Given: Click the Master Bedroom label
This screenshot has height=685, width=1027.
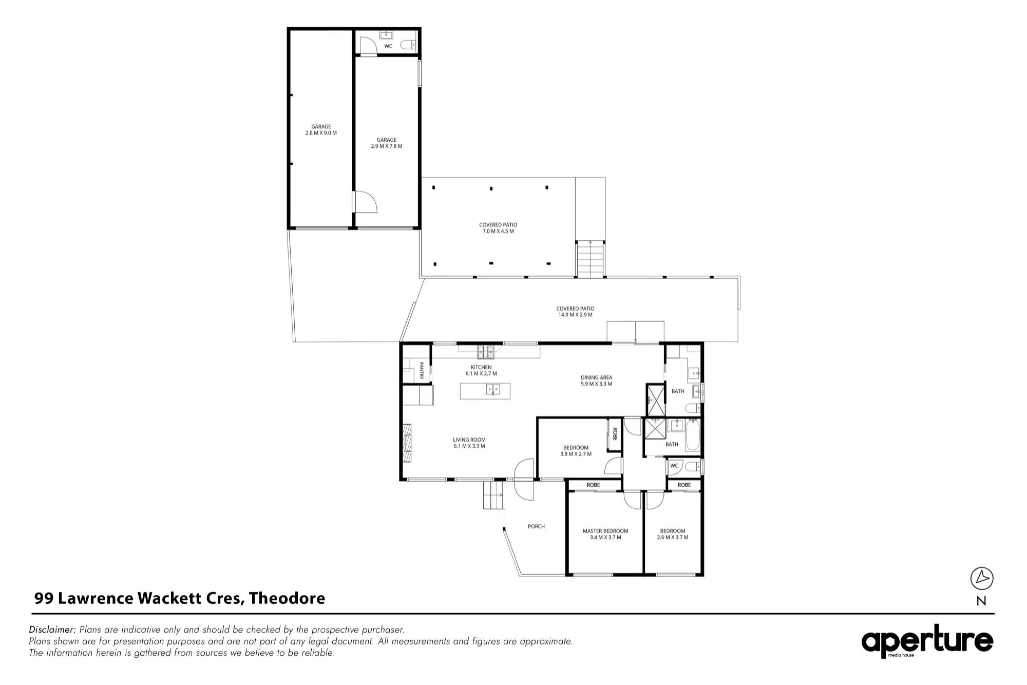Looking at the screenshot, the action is coord(605,534).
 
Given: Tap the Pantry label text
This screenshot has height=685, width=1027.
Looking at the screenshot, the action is coord(422,371).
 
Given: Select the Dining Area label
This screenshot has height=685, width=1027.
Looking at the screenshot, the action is coord(597,380).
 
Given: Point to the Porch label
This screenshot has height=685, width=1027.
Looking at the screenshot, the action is coord(537,526).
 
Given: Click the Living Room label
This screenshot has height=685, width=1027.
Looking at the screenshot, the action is coord(469,443).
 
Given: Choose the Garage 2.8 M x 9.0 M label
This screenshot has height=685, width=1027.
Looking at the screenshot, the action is coord(321,129).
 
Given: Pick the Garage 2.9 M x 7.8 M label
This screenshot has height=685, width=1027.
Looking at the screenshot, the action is coord(387,143).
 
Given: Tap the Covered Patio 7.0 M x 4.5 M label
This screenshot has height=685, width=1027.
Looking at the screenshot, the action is coord(498,228).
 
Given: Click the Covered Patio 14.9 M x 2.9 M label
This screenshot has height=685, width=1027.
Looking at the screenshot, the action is coord(576,312).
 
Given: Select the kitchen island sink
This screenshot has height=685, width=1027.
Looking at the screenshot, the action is coord(493,389).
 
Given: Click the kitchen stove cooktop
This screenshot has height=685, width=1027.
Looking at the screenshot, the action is coord(486,352).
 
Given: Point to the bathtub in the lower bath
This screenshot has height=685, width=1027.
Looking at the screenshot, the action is coord(693,435).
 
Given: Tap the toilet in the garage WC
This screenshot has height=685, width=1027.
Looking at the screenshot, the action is coord(409,46).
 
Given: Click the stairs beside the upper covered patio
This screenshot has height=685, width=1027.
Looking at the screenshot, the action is coord(590,259).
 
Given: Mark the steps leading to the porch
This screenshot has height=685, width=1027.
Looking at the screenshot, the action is coord(493,496).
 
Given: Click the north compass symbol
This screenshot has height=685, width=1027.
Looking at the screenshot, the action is coord(982,579).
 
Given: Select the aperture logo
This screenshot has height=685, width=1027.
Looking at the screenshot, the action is coord(927,641).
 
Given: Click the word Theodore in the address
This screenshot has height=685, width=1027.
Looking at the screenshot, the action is coord(287,598).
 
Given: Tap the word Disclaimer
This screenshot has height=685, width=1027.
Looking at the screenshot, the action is coord(52,630).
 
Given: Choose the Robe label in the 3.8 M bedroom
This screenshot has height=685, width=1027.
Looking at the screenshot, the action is coord(614,434).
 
